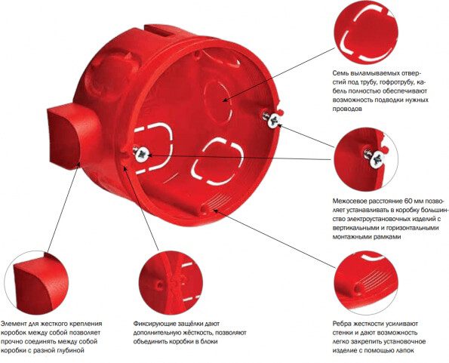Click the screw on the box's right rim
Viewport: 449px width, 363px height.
pyautogui.click(x=272, y=119)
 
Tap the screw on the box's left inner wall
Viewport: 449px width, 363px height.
pyautogui.click(x=141, y=154)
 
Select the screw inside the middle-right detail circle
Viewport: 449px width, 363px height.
pyautogui.click(x=376, y=157)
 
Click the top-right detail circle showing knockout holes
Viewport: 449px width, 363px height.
pyautogui.click(x=366, y=32)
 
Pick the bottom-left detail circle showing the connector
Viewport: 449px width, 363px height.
pyautogui.click(x=37, y=283)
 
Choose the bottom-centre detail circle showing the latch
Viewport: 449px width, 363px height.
pyautogui.click(x=171, y=283)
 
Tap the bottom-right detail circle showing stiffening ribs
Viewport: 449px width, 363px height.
pyautogui.click(x=366, y=283)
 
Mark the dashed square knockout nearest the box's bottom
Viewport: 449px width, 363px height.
pyautogui.click(x=217, y=162)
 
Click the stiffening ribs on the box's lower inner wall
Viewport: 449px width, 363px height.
pyautogui.click(x=215, y=203)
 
